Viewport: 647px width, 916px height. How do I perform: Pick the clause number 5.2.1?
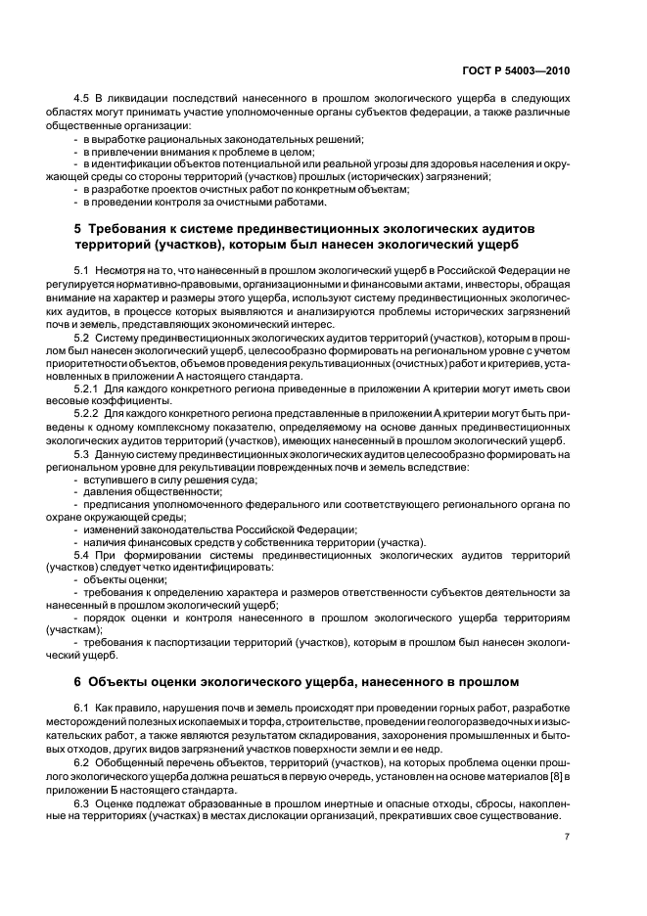coord(89,389)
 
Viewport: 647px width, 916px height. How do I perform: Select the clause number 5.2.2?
coord(89,414)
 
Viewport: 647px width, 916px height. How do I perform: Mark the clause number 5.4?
coord(83,555)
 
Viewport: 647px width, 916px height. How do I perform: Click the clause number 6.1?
coord(83,708)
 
